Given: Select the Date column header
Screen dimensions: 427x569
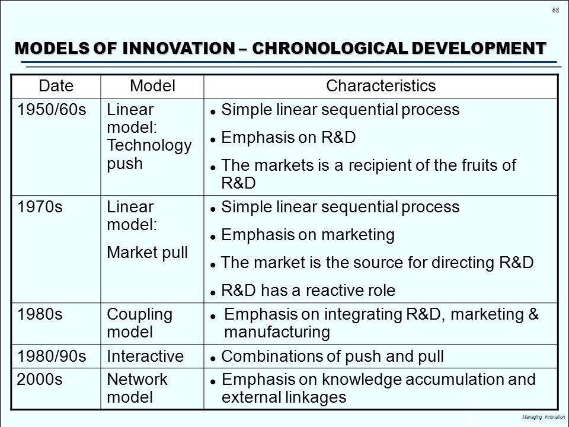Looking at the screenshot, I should tap(56, 86).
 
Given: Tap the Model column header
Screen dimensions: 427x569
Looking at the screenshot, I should tap(152, 86).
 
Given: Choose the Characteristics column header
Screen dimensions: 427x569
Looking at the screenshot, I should tap(381, 86).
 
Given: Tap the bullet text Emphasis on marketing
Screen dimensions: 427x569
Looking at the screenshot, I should tap(307, 235).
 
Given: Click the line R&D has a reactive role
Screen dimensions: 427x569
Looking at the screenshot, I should tap(307, 290).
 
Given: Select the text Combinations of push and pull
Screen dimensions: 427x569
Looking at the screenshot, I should tap(332, 356).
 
